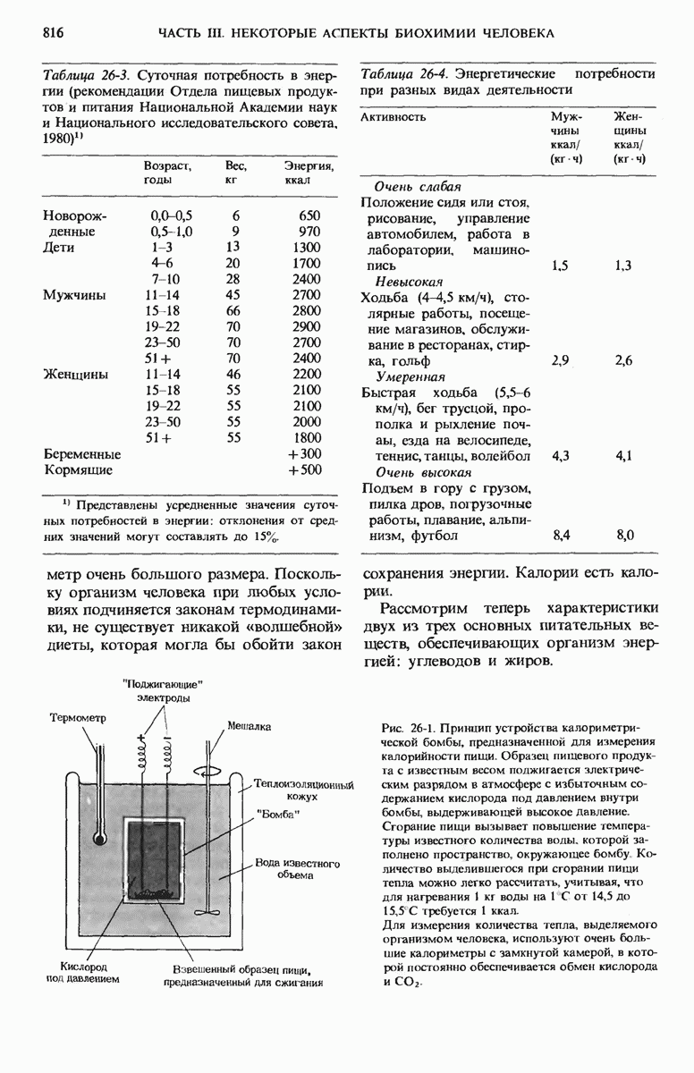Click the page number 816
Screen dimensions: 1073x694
[54, 32]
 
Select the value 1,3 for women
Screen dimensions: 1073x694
[624, 265]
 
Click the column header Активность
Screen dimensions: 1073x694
[394, 117]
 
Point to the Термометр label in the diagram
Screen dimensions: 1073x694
[78, 717]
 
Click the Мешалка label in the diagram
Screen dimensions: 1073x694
[249, 726]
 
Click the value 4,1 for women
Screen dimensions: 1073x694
[624, 456]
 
